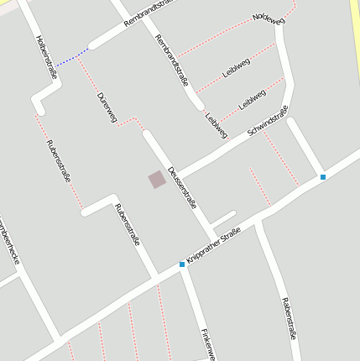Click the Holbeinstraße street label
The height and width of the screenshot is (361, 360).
[47, 57]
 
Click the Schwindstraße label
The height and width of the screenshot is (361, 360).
[269, 122]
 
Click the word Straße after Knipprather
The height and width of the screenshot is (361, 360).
[232, 234]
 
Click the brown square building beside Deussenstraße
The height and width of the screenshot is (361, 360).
[157, 179]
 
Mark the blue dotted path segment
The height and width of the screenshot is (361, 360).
[74, 56]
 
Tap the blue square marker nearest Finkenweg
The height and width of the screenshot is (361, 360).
[182, 264]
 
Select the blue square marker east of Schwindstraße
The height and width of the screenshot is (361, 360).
[323, 176]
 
